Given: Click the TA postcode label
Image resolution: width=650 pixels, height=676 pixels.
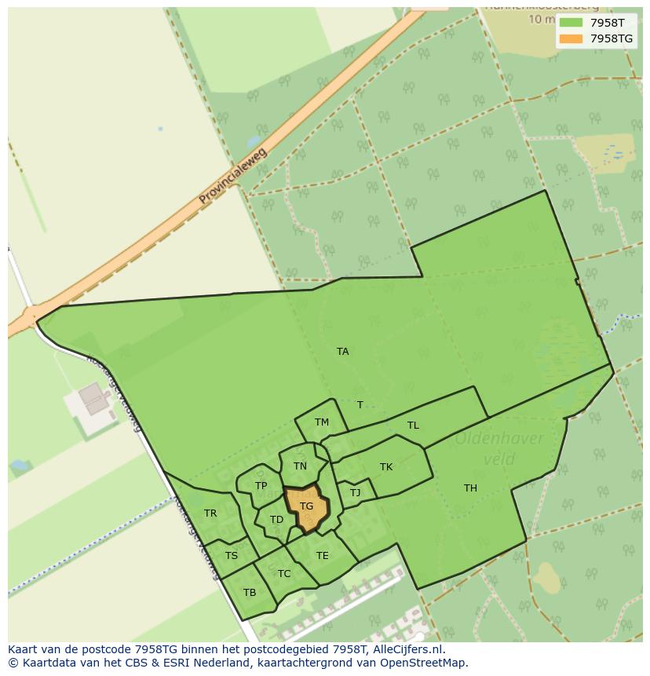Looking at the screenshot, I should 342,352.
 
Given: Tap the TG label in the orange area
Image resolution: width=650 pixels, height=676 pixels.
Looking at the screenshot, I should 306,506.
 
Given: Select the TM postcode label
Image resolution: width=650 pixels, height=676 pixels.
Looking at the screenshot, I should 322,422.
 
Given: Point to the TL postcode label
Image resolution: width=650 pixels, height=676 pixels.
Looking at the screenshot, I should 413,426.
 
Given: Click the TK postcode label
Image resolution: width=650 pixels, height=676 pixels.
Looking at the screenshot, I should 386,467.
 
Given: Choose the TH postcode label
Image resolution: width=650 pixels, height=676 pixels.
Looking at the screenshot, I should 470,488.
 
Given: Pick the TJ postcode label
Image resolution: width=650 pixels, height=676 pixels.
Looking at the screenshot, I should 355,493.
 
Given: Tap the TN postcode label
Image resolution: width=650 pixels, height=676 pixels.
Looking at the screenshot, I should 300,466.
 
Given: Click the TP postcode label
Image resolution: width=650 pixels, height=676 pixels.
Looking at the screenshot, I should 261,486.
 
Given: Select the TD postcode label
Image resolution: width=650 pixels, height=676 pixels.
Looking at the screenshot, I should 276,520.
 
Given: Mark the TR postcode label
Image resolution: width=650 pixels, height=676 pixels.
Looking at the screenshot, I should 210,513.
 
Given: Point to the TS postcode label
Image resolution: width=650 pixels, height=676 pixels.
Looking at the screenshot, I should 231,556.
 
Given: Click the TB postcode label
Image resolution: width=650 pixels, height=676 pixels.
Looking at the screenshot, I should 250,593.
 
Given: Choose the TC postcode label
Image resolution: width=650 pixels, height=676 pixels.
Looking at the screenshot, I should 284,574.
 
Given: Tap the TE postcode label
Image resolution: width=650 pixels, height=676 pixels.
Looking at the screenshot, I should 322,556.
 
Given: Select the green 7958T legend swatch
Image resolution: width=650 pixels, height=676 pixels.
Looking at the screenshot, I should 571,23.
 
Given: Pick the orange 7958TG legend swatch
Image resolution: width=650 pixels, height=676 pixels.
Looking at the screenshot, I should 571,38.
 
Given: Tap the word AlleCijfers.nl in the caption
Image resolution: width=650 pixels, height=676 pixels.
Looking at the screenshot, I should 408,649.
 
